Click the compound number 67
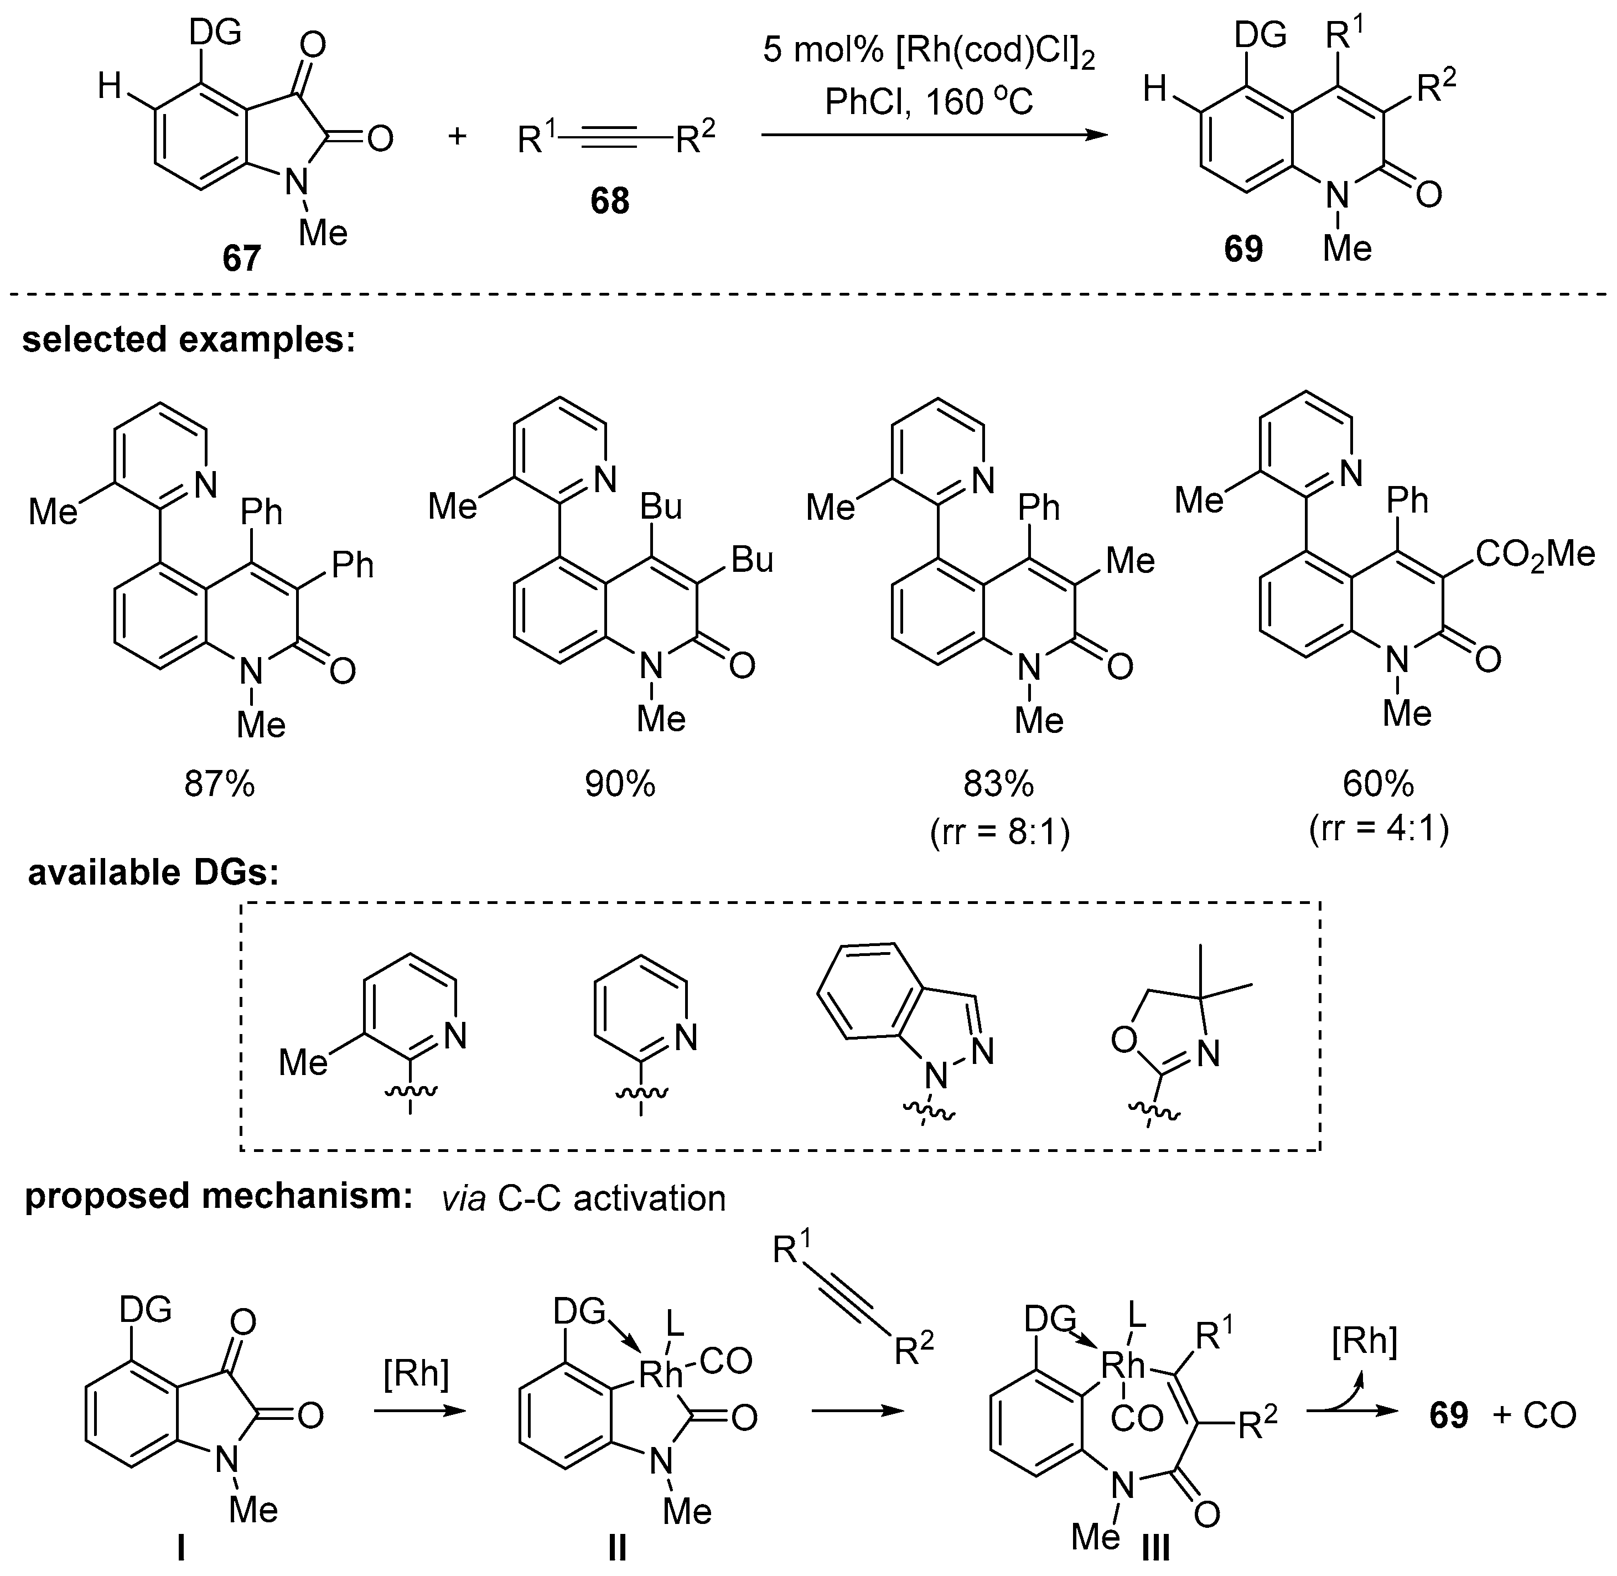click(x=241, y=259)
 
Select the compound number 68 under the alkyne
click(x=609, y=201)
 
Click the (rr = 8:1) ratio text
click(x=999, y=831)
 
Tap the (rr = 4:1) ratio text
click(x=1378, y=829)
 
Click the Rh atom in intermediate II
click(x=660, y=1375)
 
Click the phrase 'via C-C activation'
click(x=583, y=1198)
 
